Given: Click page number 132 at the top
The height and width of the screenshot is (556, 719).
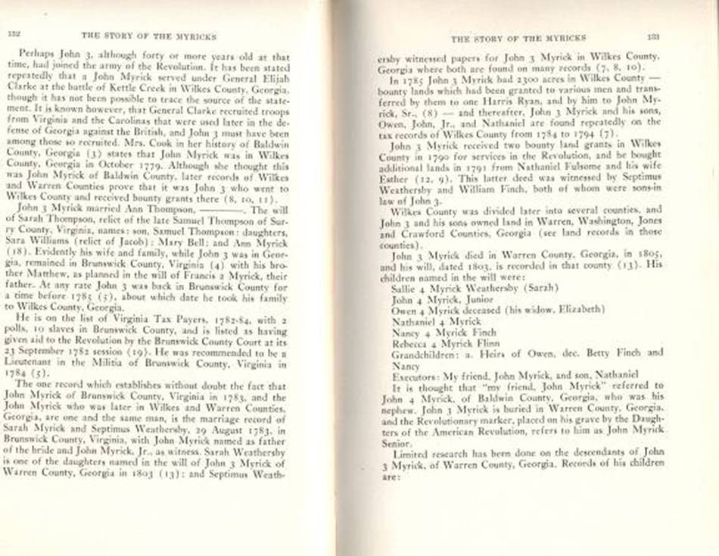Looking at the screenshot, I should point(14,35).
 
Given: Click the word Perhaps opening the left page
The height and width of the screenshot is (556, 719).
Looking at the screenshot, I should point(37,56).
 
